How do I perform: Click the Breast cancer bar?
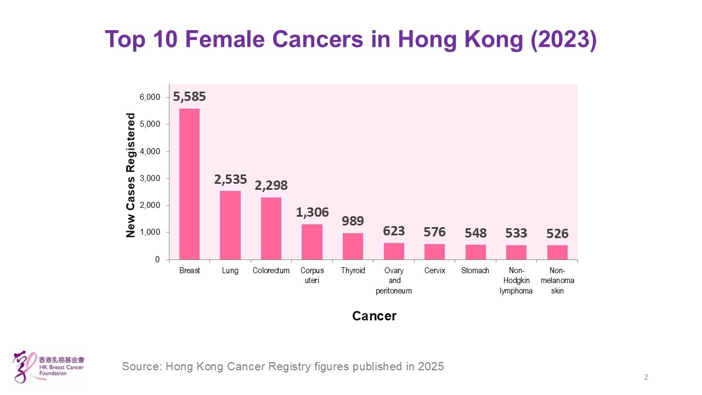pos(189,184)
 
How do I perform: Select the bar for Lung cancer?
pos(230,225)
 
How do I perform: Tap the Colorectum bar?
pos(271,228)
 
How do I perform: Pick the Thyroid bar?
pos(353,246)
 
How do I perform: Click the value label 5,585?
pos(189,97)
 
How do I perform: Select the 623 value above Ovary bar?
pos(394,231)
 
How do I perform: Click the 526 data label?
pos(557,234)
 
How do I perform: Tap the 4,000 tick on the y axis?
pos(149,151)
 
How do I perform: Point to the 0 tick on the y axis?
pos(157,259)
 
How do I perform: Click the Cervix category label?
pos(435,270)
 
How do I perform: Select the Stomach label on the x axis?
pos(475,270)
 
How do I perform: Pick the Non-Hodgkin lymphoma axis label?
pos(516,281)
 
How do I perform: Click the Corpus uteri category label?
pos(312,275)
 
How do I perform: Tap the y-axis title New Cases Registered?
pos(131,175)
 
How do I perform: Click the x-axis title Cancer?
pos(374,316)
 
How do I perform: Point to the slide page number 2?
pos(646,377)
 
